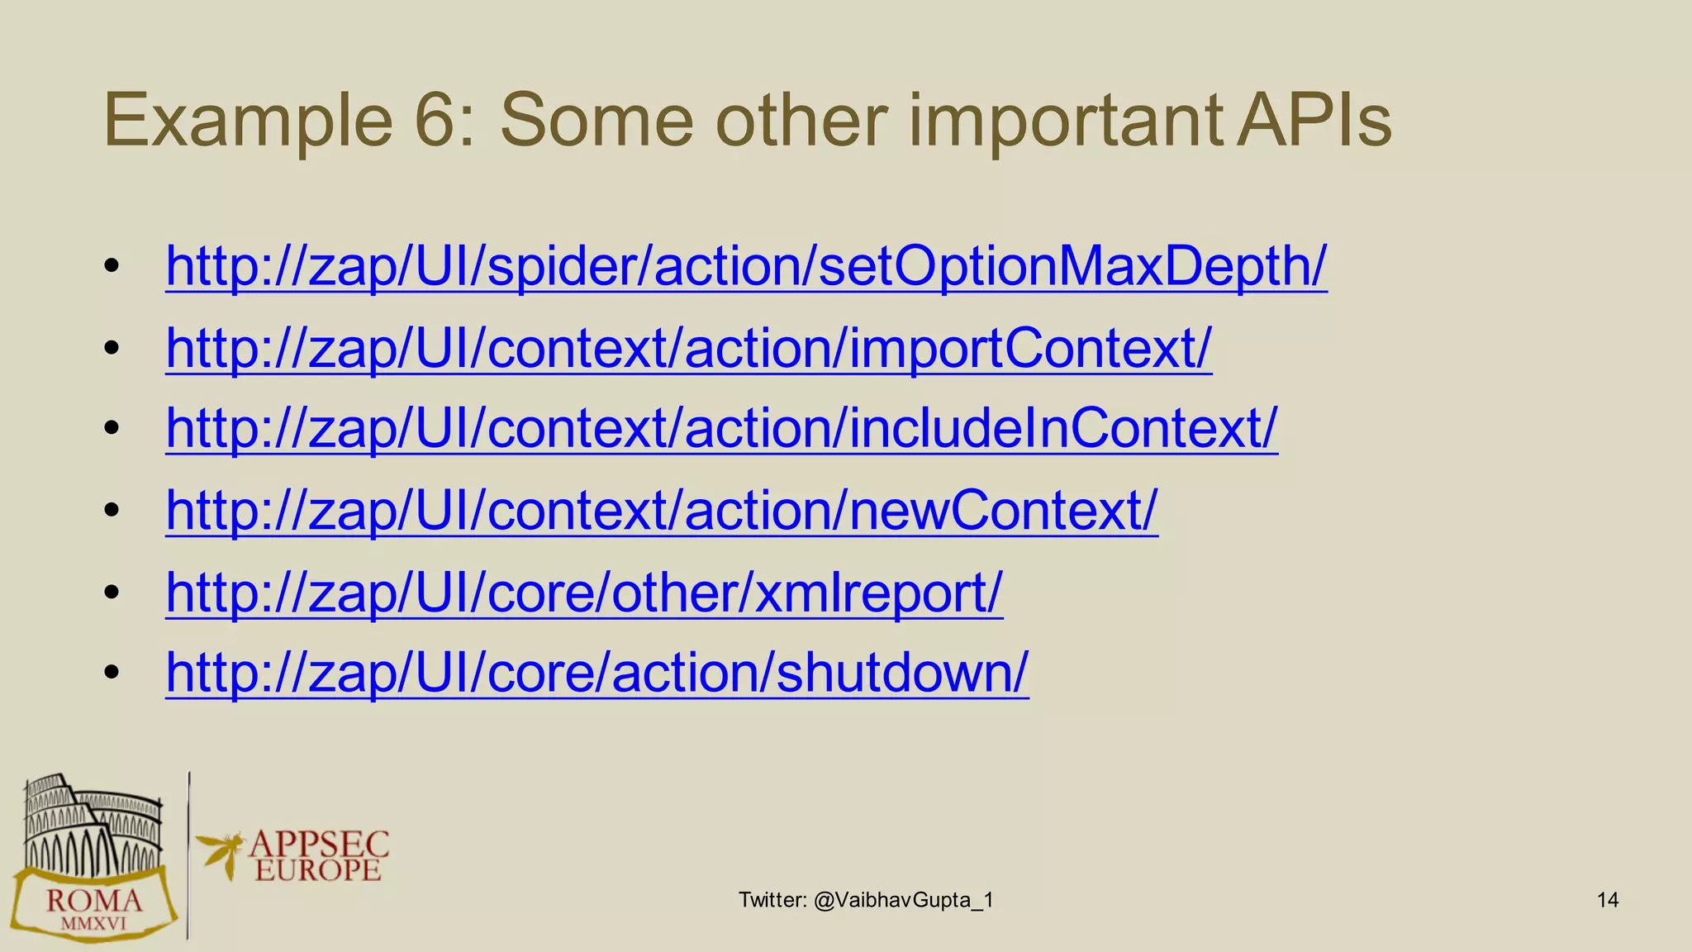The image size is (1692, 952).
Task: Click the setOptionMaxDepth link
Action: (x=745, y=266)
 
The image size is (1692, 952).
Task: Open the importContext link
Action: (x=688, y=348)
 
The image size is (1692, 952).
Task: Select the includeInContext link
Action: (x=721, y=428)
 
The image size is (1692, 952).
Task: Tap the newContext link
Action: (x=661, y=510)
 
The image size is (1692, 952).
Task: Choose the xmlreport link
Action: (x=584, y=592)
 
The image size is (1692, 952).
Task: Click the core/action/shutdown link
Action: (x=596, y=672)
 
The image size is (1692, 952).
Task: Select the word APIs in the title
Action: (x=1314, y=121)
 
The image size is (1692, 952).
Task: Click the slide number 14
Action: (x=1607, y=900)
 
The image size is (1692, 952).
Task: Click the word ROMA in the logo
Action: (x=94, y=900)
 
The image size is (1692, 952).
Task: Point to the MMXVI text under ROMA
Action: (x=94, y=924)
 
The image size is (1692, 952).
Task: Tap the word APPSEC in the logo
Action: (x=319, y=844)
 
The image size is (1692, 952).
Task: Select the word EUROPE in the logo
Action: (x=318, y=869)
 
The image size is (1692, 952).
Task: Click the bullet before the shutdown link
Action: (x=112, y=673)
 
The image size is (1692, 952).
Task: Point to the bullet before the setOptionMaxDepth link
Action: (x=112, y=267)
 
